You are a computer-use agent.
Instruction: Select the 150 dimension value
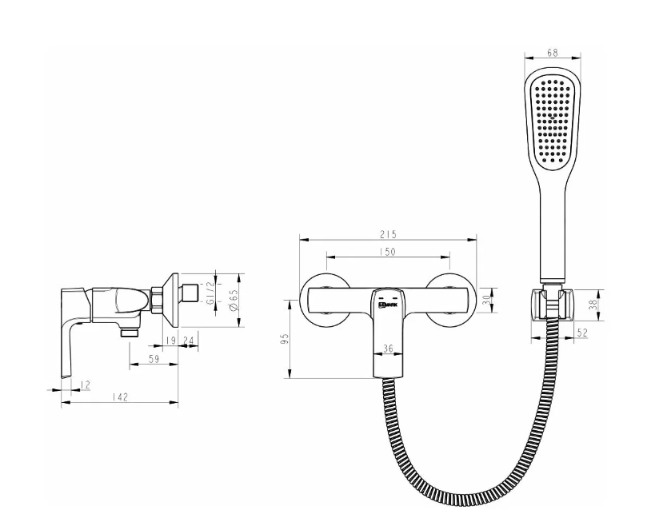(x=388, y=251)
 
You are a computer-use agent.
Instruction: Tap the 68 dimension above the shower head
(x=553, y=53)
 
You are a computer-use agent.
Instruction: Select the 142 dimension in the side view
(x=120, y=397)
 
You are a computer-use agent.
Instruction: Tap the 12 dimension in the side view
(x=86, y=385)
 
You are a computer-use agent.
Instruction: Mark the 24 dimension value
(x=189, y=341)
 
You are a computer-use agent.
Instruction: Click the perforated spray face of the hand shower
(x=553, y=120)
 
